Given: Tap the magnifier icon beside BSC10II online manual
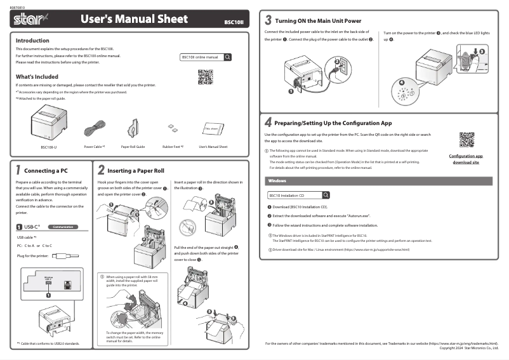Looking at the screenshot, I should tap(227, 57).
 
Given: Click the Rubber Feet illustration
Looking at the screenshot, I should tap(171, 129).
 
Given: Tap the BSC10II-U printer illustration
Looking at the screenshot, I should tap(48, 126).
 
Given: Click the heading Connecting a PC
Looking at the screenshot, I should tap(46, 171).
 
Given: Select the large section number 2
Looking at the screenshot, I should tap(101, 170).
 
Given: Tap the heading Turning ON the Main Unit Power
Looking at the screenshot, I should tap(317, 21).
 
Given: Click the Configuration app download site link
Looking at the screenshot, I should tap(466, 159).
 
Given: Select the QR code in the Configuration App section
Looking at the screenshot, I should tap(466, 139).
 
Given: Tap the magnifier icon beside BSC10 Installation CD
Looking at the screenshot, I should tap(326, 195).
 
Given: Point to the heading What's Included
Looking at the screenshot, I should tap(37, 76).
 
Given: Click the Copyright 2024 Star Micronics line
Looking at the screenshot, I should tap(468, 347).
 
